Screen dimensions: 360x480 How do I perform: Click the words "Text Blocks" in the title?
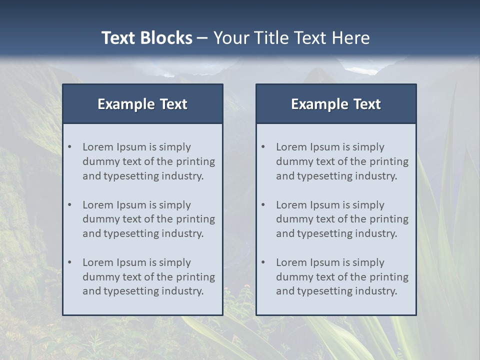pyautogui.click(x=146, y=38)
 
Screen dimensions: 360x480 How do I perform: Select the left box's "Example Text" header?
pyautogui.click(x=142, y=104)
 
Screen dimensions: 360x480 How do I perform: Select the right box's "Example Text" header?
pyautogui.click(x=336, y=104)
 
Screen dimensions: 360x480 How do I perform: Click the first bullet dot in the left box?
pyautogui.click(x=70, y=147)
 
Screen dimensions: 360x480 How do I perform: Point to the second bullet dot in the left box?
pyautogui.click(x=70, y=205)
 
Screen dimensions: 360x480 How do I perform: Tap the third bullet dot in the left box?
pyautogui.click(x=70, y=262)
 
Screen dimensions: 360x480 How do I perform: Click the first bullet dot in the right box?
pyautogui.click(x=263, y=147)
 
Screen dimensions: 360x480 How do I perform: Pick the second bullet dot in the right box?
pyautogui.click(x=263, y=205)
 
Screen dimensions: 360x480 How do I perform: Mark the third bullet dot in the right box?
pyautogui.click(x=263, y=262)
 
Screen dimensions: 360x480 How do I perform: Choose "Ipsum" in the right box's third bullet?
pyautogui.click(x=325, y=262)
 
